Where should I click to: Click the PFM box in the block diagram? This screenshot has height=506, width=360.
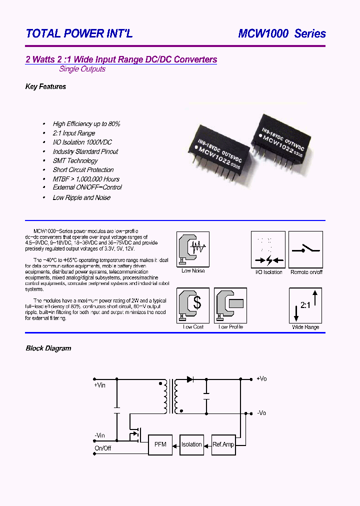tap(160, 444)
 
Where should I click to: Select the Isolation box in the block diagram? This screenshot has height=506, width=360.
tap(191, 444)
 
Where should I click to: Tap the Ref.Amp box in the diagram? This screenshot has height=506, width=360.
tap(223, 444)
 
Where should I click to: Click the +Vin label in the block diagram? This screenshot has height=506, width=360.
tap(99, 385)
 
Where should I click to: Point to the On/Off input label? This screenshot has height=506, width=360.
tap(102, 448)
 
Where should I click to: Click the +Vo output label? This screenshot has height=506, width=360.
tap(261, 379)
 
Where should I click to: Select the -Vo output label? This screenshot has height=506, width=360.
tap(261, 413)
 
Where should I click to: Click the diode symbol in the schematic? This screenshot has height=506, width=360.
tap(190, 379)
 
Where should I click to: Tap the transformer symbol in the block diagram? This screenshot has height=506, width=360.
tap(170, 396)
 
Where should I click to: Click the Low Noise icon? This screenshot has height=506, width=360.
tap(193, 249)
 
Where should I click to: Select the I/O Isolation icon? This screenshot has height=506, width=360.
tap(268, 249)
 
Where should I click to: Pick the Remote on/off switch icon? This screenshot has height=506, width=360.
tap(306, 249)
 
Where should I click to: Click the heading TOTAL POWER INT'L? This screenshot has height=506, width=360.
tap(79, 34)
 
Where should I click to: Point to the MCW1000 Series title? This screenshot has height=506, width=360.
tap(282, 34)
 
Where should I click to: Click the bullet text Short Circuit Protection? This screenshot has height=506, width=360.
tap(83, 170)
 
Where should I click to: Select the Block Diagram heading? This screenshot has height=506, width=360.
tap(48, 348)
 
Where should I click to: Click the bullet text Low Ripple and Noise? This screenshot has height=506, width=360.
tap(81, 197)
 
